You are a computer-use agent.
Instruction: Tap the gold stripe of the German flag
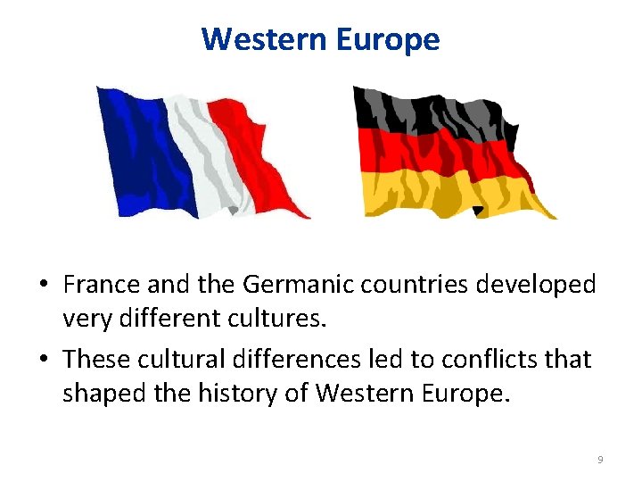[x=455, y=192]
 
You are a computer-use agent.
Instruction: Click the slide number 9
[x=600, y=459]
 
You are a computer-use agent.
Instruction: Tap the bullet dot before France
[x=44, y=286]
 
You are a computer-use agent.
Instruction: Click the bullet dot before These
[x=44, y=360]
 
